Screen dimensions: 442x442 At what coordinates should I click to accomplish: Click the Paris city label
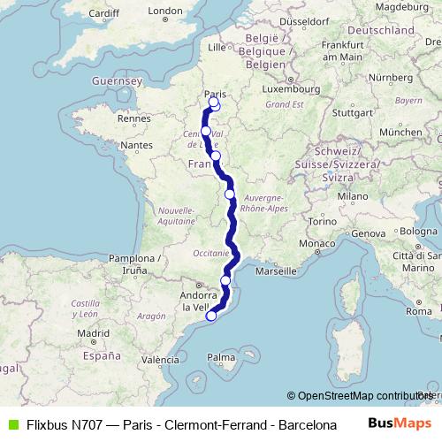[214, 93]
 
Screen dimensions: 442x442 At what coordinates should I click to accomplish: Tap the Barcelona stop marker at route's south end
[210, 316]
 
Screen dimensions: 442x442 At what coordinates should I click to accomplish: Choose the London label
[165, 11]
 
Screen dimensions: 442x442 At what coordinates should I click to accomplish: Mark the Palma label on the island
[222, 358]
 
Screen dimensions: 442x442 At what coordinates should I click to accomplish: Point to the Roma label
[418, 311]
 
